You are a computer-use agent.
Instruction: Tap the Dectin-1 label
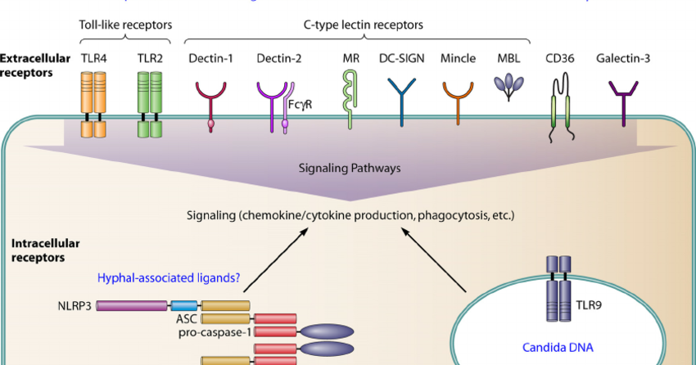[211, 58]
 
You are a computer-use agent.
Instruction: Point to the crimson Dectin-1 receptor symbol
[212, 101]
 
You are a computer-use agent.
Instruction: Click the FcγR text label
[300, 105]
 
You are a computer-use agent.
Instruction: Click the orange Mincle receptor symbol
[458, 98]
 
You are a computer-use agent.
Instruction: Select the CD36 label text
[561, 58]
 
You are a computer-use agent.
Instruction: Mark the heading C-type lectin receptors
[358, 25]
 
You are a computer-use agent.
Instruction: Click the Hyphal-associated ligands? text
[169, 278]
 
